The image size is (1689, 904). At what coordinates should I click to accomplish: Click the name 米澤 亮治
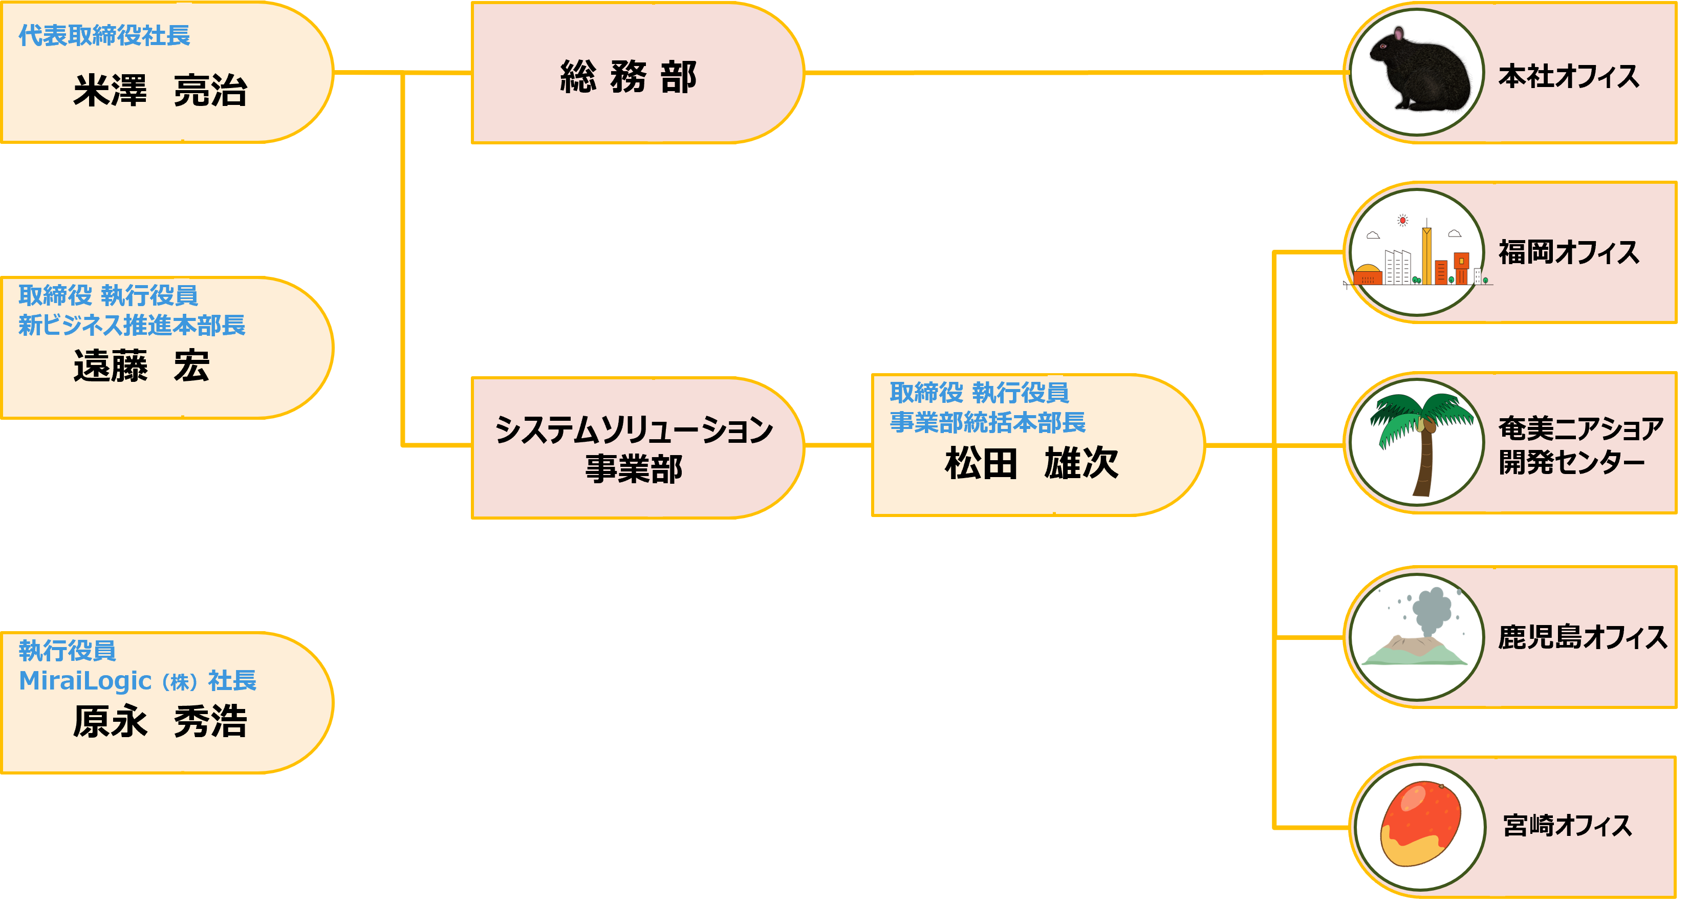160,91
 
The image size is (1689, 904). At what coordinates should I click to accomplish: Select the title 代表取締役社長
104,35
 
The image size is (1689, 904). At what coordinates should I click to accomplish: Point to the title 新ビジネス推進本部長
132,325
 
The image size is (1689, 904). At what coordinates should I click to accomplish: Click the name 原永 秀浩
160,722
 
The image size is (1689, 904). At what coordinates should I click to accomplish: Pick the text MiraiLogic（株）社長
138,681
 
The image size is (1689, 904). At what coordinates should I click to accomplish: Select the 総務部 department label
628,77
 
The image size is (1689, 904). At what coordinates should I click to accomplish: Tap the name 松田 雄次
1031,463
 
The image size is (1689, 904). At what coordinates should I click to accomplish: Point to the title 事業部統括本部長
987,422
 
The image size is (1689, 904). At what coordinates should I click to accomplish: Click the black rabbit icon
1416,72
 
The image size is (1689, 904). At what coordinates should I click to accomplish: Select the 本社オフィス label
1568,77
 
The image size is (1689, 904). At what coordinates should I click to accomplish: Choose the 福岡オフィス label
1568,252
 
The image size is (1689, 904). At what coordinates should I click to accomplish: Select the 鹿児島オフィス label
1582,637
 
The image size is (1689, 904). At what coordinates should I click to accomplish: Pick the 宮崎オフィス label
1567,825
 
